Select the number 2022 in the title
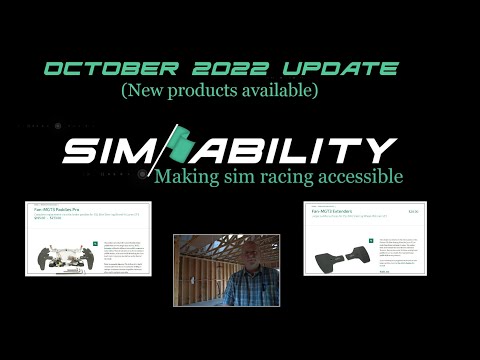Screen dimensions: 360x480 [x=236, y=70]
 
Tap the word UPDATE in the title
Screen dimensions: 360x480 [x=342, y=70]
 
